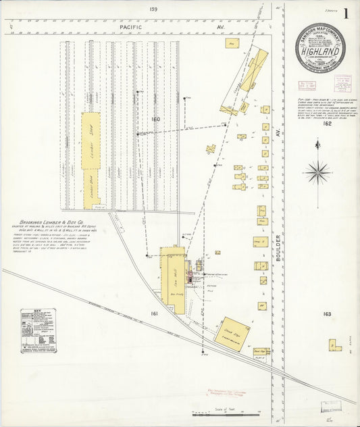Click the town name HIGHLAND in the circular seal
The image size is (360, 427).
(320, 49)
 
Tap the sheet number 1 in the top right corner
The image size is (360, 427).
(346, 14)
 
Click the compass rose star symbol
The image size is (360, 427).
(317, 172)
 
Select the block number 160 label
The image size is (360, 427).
(156, 120)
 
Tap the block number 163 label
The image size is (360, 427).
(328, 314)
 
